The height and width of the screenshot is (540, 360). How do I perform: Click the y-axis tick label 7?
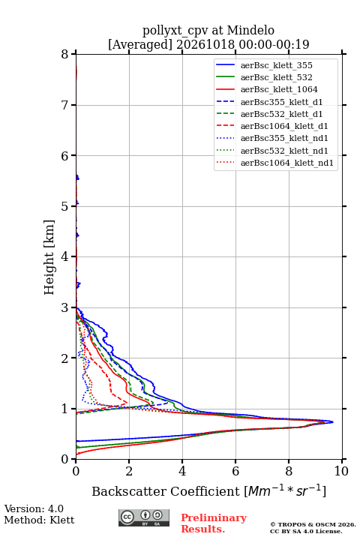[x=64, y=105]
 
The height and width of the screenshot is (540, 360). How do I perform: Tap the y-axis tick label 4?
[x=64, y=256]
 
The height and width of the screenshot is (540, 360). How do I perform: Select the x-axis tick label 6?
[x=235, y=471]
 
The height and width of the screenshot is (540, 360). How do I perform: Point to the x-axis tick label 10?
[x=341, y=471]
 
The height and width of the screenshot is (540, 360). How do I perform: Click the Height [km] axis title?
[x=49, y=257]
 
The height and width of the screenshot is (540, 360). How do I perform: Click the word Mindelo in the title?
[x=250, y=30]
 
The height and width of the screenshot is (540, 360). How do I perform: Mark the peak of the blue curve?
[x=333, y=421]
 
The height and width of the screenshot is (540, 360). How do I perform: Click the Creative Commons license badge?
[x=144, y=517]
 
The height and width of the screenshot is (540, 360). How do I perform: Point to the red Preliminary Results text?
[x=214, y=523]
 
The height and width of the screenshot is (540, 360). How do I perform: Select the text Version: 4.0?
[x=34, y=508]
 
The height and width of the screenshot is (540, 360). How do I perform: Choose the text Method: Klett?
[x=39, y=520]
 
